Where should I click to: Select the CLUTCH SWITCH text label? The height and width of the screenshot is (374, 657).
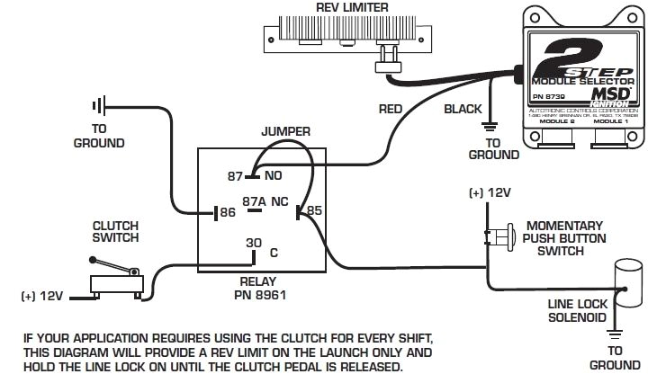tap(116, 231)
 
